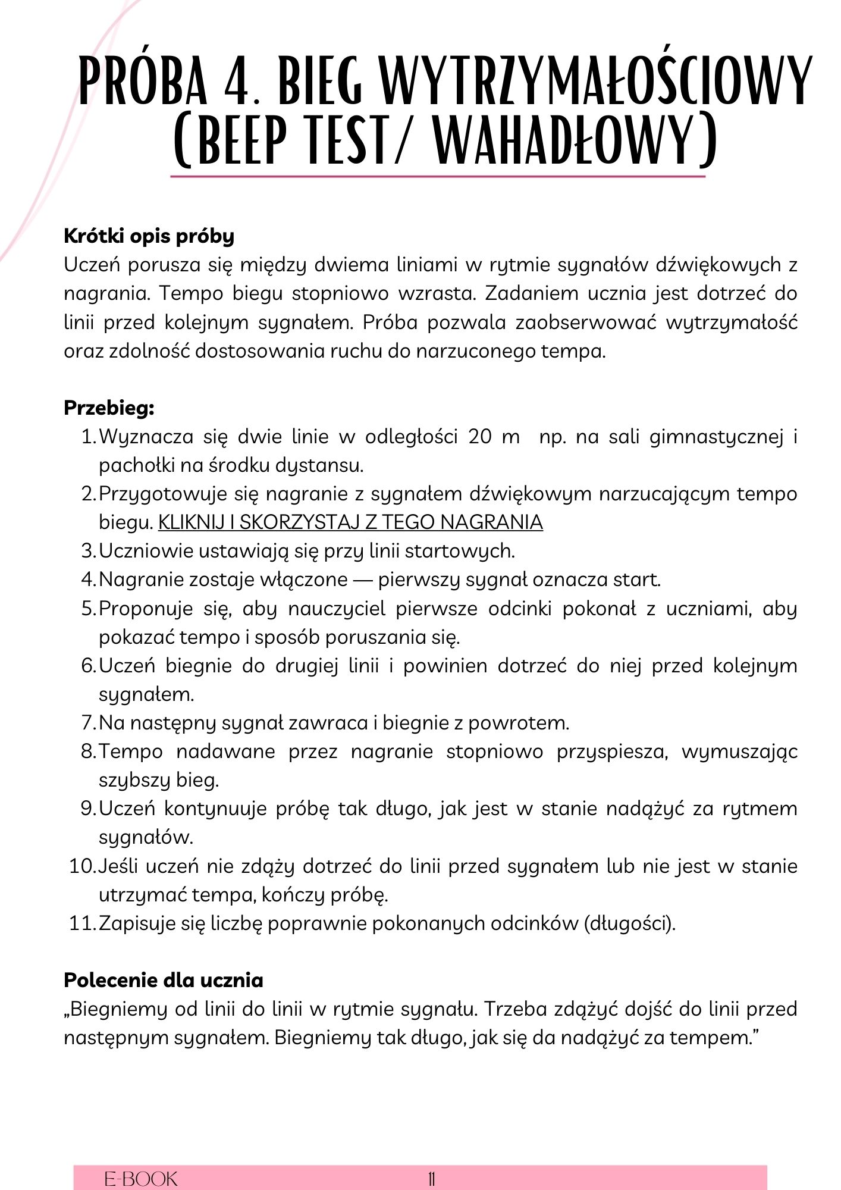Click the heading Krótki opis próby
click(149, 236)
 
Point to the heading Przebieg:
click(109, 408)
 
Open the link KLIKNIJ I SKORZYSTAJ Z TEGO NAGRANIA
click(350, 522)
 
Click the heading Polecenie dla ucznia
click(163, 980)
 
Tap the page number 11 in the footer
click(431, 1179)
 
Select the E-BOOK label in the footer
click(141, 1179)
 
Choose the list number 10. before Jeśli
click(82, 866)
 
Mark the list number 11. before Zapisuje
click(82, 923)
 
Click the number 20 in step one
click(480, 437)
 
